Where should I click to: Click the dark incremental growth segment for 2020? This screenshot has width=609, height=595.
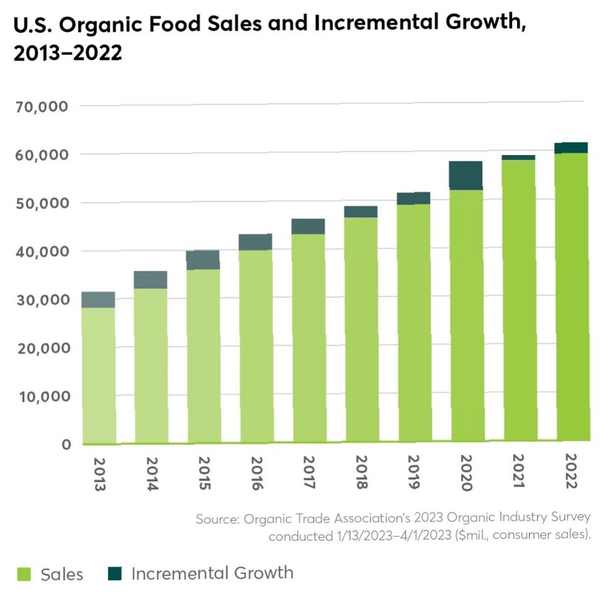[466, 175]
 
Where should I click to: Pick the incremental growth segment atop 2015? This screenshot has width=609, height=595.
[203, 259]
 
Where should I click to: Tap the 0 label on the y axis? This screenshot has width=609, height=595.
[67, 445]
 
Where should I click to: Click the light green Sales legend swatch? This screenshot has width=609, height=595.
[24, 574]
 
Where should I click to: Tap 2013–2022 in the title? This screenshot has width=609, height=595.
[67, 53]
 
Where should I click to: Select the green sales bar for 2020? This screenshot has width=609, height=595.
[466, 315]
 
